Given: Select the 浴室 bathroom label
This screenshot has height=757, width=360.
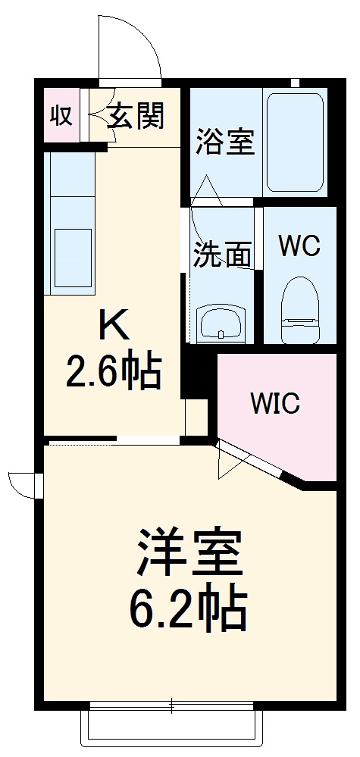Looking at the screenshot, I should tap(225, 142).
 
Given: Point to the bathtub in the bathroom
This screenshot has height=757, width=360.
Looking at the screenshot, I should tap(295, 142).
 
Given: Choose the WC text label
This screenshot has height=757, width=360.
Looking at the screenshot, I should tap(299, 246).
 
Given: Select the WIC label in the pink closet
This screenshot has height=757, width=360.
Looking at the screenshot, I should tap(276, 403).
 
